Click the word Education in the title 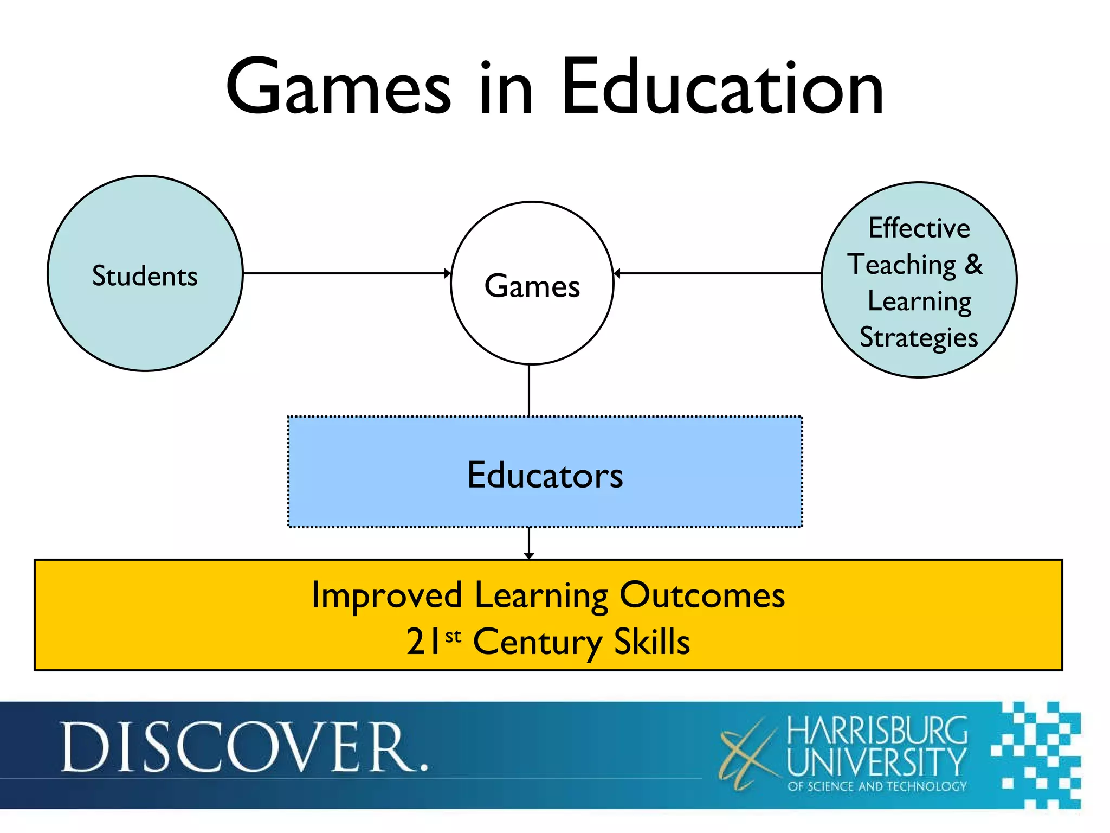point(722,88)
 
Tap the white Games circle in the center point(532,325)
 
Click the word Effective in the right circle point(919,228)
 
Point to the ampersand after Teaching point(973,264)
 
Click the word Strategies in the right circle point(919,338)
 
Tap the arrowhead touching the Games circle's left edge point(447,273)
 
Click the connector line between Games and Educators point(529,390)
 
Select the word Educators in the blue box point(545,475)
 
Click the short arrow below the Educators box point(529,542)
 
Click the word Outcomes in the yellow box point(702,595)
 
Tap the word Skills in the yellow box point(651,642)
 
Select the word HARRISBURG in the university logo point(877,731)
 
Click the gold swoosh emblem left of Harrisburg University point(748,754)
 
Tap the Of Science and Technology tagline point(877,786)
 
